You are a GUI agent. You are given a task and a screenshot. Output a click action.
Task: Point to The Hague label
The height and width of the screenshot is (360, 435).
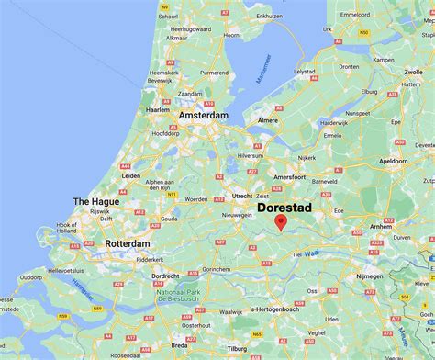point(95,202)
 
